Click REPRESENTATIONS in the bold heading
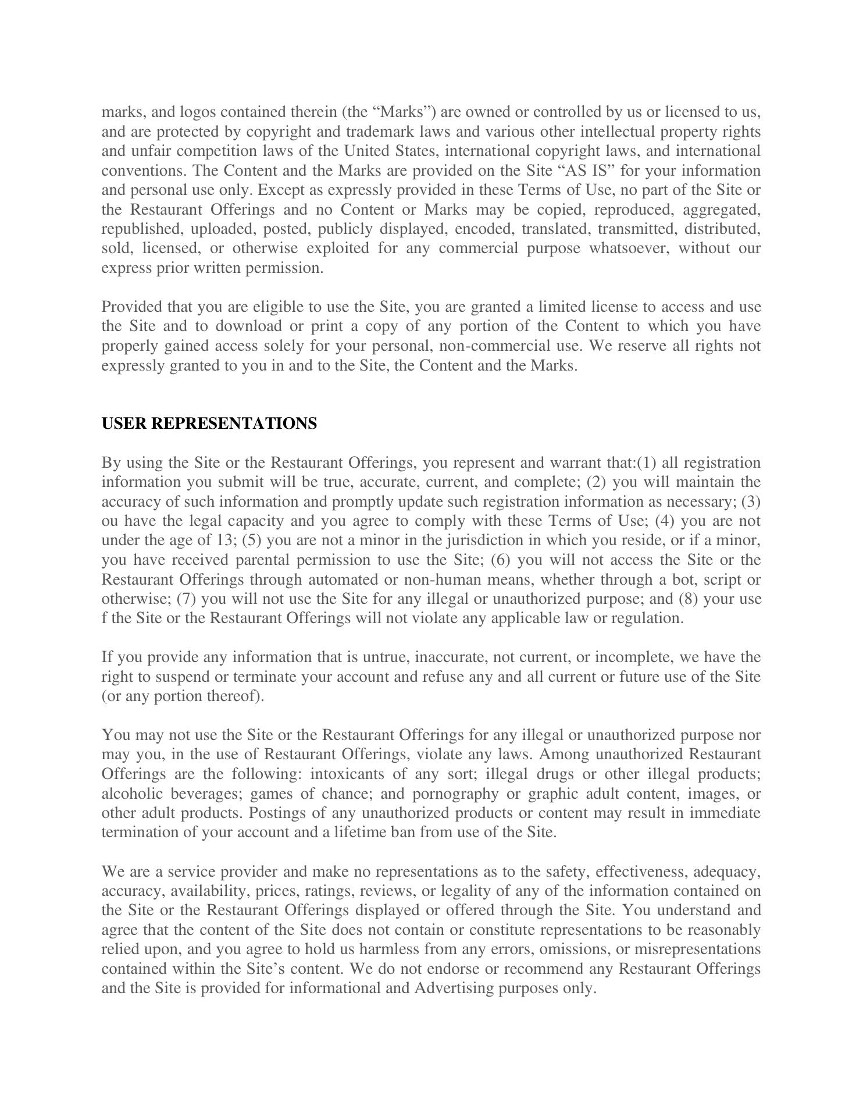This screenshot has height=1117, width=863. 234,424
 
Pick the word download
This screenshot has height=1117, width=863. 248,326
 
